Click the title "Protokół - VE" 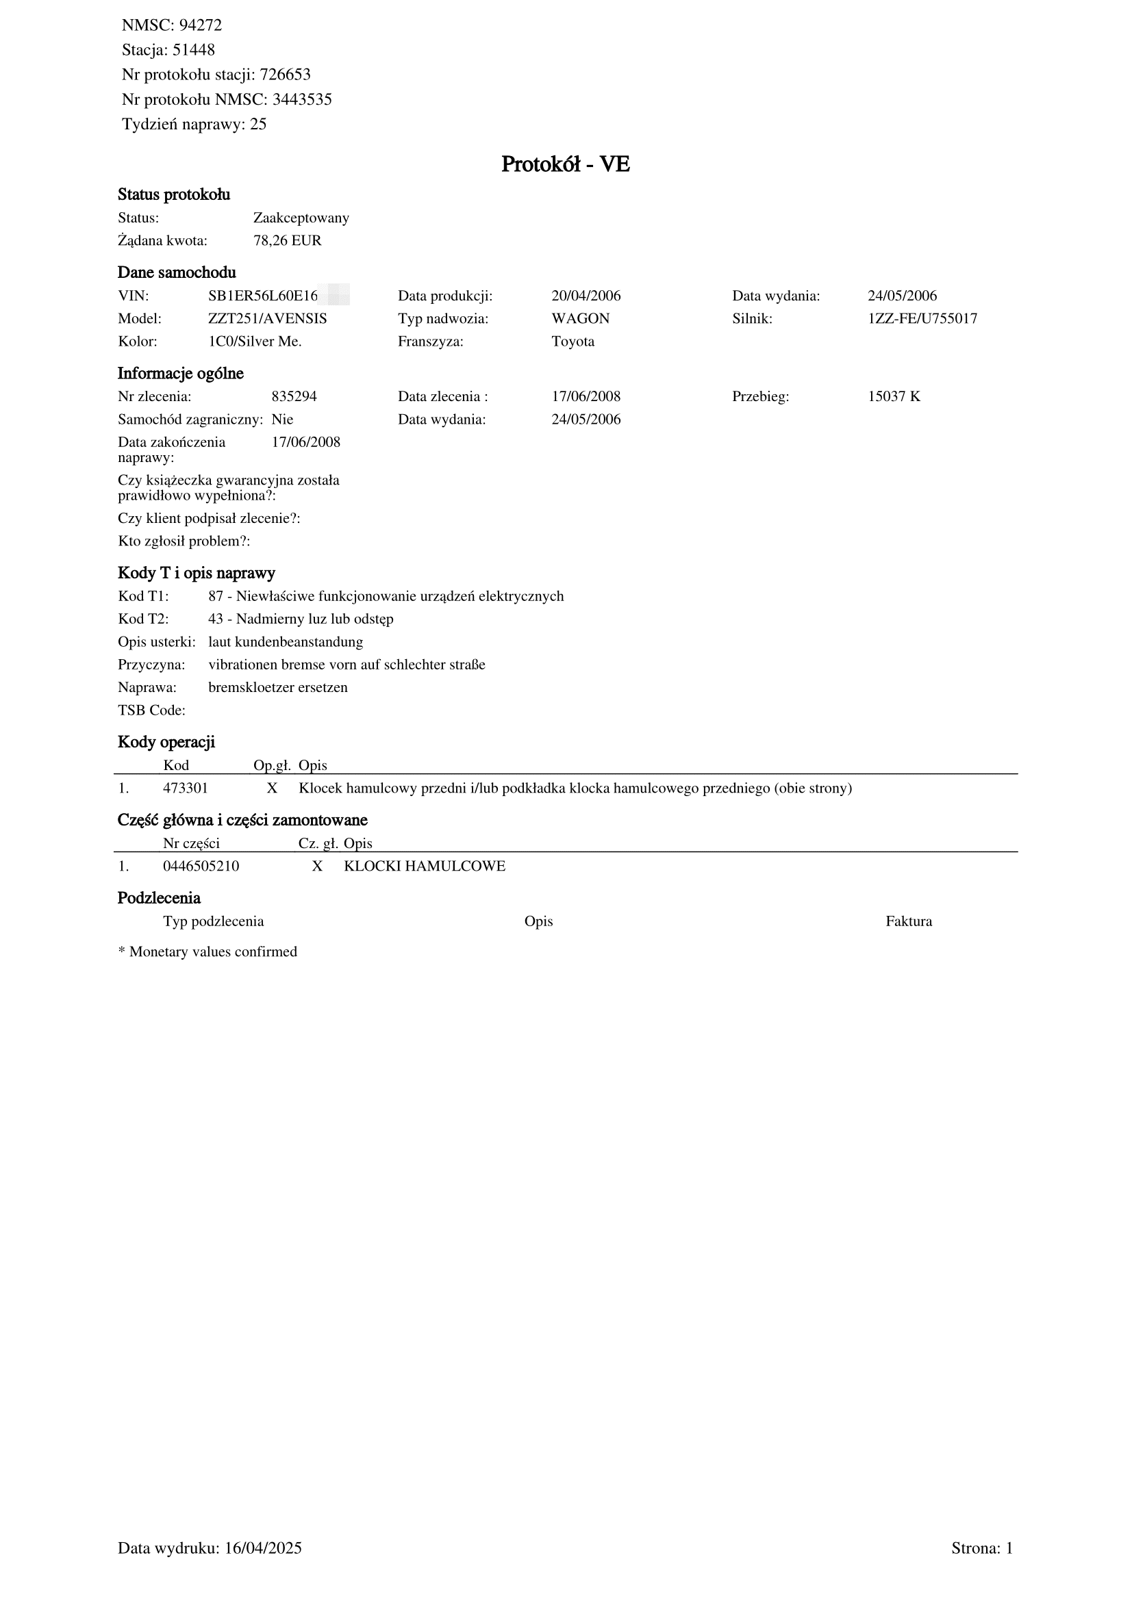tap(565, 164)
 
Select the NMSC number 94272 tap(200, 26)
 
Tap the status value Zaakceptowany tap(301, 218)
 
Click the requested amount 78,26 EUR tap(287, 241)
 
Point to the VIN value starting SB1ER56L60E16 tap(263, 296)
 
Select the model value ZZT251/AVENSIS tap(267, 320)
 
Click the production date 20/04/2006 tap(586, 296)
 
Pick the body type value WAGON tap(579, 320)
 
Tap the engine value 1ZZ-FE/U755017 tap(921, 320)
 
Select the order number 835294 tap(294, 397)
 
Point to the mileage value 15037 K tap(894, 397)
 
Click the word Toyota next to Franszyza tap(573, 342)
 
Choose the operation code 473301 tap(185, 789)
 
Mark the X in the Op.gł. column tap(272, 789)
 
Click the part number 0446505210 tap(201, 867)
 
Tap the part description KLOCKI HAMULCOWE tap(424, 867)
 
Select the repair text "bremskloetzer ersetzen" tap(277, 687)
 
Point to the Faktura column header tap(908, 922)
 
